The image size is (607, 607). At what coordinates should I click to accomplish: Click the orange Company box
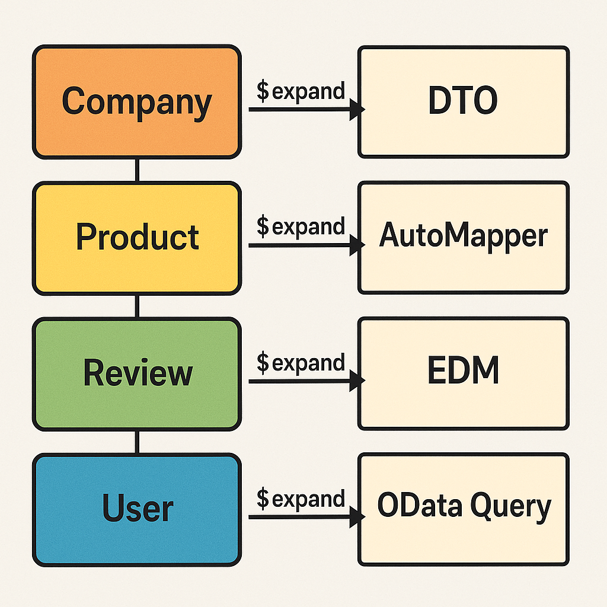tap(136, 102)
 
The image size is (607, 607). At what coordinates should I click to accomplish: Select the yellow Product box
tap(136, 238)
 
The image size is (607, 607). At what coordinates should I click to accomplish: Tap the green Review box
tap(136, 373)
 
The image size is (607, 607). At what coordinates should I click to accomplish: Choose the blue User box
tap(136, 509)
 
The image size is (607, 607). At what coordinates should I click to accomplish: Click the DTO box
tap(463, 102)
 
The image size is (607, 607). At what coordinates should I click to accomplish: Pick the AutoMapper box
tap(463, 238)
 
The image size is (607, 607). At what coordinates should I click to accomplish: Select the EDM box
tap(463, 373)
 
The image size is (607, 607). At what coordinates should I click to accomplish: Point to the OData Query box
tap(463, 509)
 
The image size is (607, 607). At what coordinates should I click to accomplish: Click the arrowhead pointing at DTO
tap(357, 109)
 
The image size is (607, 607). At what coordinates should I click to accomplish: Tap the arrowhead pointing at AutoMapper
tap(357, 245)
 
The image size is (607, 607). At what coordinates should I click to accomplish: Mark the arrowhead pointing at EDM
tap(357, 381)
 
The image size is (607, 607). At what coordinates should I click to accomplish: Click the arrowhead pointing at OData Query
tap(357, 517)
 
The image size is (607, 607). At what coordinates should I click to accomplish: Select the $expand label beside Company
tap(301, 91)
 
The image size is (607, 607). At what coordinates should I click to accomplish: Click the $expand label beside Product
tap(301, 226)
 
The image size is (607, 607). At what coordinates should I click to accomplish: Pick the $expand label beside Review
tap(301, 363)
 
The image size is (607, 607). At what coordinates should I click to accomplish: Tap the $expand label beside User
tap(301, 499)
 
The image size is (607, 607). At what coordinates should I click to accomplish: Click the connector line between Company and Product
tap(137, 170)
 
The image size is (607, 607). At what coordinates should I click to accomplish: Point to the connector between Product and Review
tap(137, 306)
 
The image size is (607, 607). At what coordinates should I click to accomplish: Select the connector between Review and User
tap(137, 442)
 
